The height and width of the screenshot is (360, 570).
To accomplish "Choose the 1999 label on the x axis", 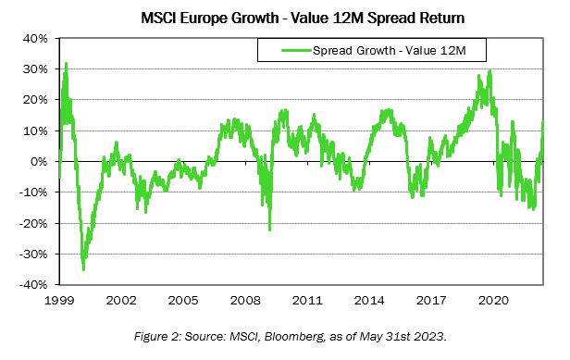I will click(x=59, y=301).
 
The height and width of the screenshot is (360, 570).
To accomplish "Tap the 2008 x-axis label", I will click(x=246, y=301).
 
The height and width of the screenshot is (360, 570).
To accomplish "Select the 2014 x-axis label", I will click(x=370, y=301).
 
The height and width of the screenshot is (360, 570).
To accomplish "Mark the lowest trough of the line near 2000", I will click(x=84, y=269).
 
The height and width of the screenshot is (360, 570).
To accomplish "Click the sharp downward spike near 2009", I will click(x=269, y=230).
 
